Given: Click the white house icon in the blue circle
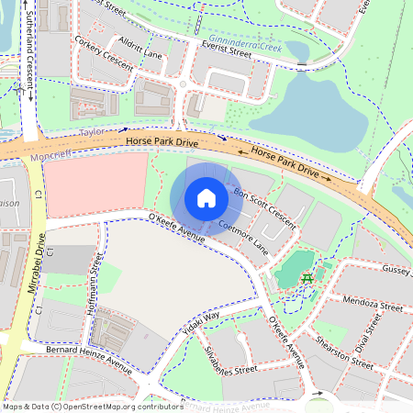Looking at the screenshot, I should tap(206, 198).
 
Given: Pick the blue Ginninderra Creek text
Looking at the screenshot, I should tap(244, 41).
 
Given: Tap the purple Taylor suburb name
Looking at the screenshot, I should tap(91, 133).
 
